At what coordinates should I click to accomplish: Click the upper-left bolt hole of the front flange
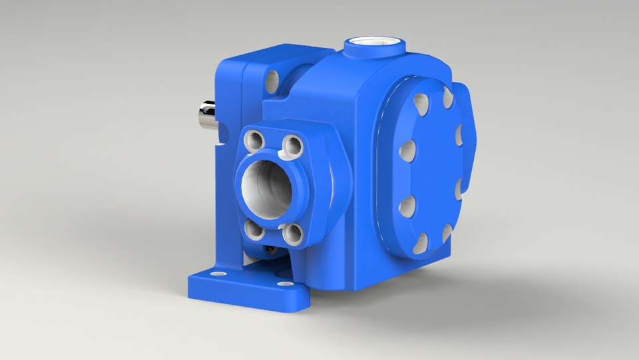click(x=254, y=140)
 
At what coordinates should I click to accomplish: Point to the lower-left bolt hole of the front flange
click(x=254, y=229)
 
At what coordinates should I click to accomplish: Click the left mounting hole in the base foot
click(x=214, y=273)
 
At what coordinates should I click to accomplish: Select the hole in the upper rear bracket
click(x=272, y=82)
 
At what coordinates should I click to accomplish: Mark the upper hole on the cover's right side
click(x=459, y=135)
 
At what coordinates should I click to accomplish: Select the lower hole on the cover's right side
click(x=459, y=189)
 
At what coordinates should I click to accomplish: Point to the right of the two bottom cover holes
click(x=447, y=233)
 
